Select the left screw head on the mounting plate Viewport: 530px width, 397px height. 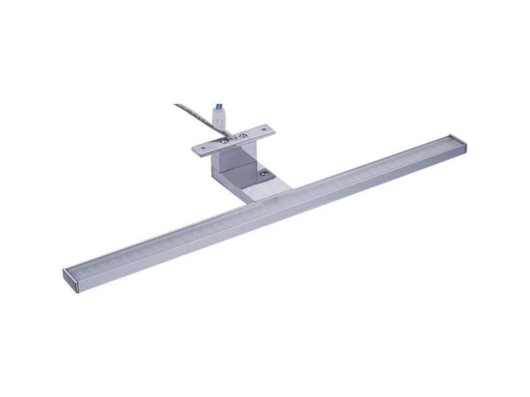point(225,140)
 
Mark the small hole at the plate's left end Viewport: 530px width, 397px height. point(199,148)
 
